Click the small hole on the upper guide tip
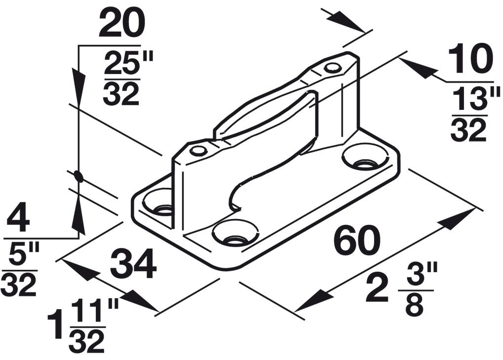click(x=333, y=68)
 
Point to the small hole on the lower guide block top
click(x=198, y=150)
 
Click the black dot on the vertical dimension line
click(x=78, y=176)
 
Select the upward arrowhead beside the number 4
click(x=78, y=215)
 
